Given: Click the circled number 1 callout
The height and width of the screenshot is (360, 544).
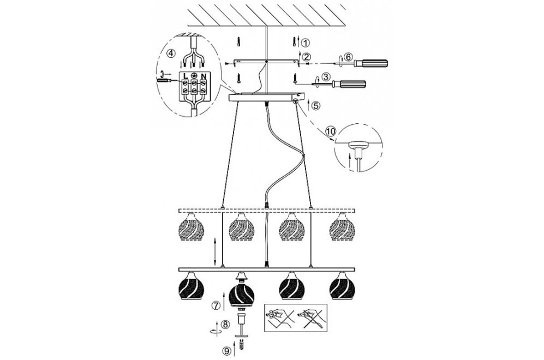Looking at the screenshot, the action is pos(305,43).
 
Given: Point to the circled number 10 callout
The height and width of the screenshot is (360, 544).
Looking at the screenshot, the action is pos(331,131).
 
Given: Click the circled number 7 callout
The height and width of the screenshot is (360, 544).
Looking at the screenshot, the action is pos(216,306).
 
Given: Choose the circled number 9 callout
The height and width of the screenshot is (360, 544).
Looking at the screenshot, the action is pos(227,351).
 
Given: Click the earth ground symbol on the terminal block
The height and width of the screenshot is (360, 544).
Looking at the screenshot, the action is pos(195,75).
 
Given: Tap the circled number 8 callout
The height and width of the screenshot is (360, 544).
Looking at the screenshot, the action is pos(225,325).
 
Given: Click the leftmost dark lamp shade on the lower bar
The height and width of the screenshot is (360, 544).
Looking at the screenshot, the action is pos(190,285).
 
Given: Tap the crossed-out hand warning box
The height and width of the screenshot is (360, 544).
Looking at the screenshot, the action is pos(296,317).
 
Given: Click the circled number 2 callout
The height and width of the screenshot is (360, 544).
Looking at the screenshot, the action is pos(306,57).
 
